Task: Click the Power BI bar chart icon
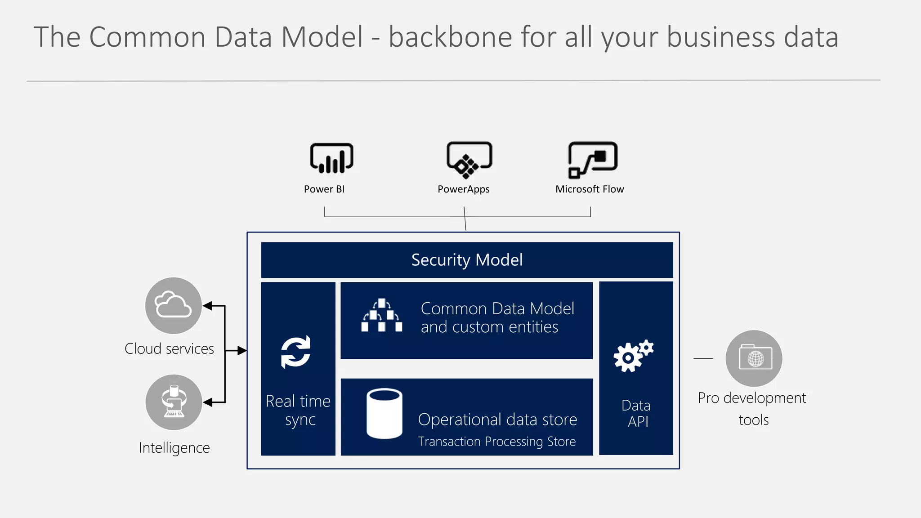tap(331, 159)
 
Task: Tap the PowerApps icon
tap(469, 160)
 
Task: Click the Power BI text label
tap(324, 189)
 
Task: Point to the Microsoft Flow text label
tap(590, 189)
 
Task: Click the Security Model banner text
tap(467, 260)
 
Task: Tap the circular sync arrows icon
tap(296, 352)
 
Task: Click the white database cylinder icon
tap(384, 414)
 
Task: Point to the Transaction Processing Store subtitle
tap(496, 442)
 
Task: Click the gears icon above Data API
tap(633, 356)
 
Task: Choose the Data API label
tap(636, 413)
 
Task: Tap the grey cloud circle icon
tap(173, 306)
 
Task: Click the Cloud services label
tap(169, 349)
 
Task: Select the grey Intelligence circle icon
tap(174, 402)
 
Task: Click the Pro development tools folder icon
tap(754, 358)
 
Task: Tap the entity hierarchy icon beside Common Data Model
tap(381, 315)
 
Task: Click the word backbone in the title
tap(450, 37)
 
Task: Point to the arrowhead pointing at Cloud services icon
tap(207, 306)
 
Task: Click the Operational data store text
tap(497, 420)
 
